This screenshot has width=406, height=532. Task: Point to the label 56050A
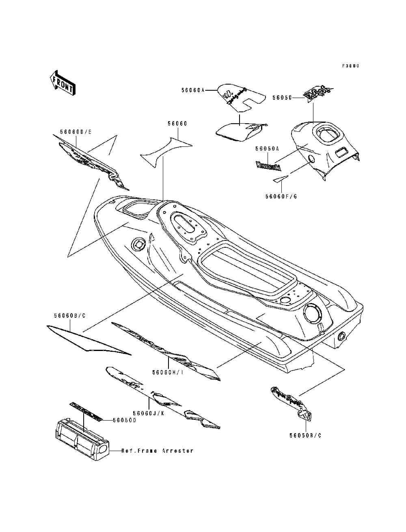[x=267, y=149]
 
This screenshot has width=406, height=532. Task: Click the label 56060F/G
[x=281, y=196]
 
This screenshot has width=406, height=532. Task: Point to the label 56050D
[x=124, y=420]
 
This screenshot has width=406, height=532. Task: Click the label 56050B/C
[x=305, y=435]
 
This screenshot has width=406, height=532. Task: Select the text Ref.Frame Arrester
[x=157, y=451]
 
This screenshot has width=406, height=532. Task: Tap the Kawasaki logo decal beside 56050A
[x=268, y=166]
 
